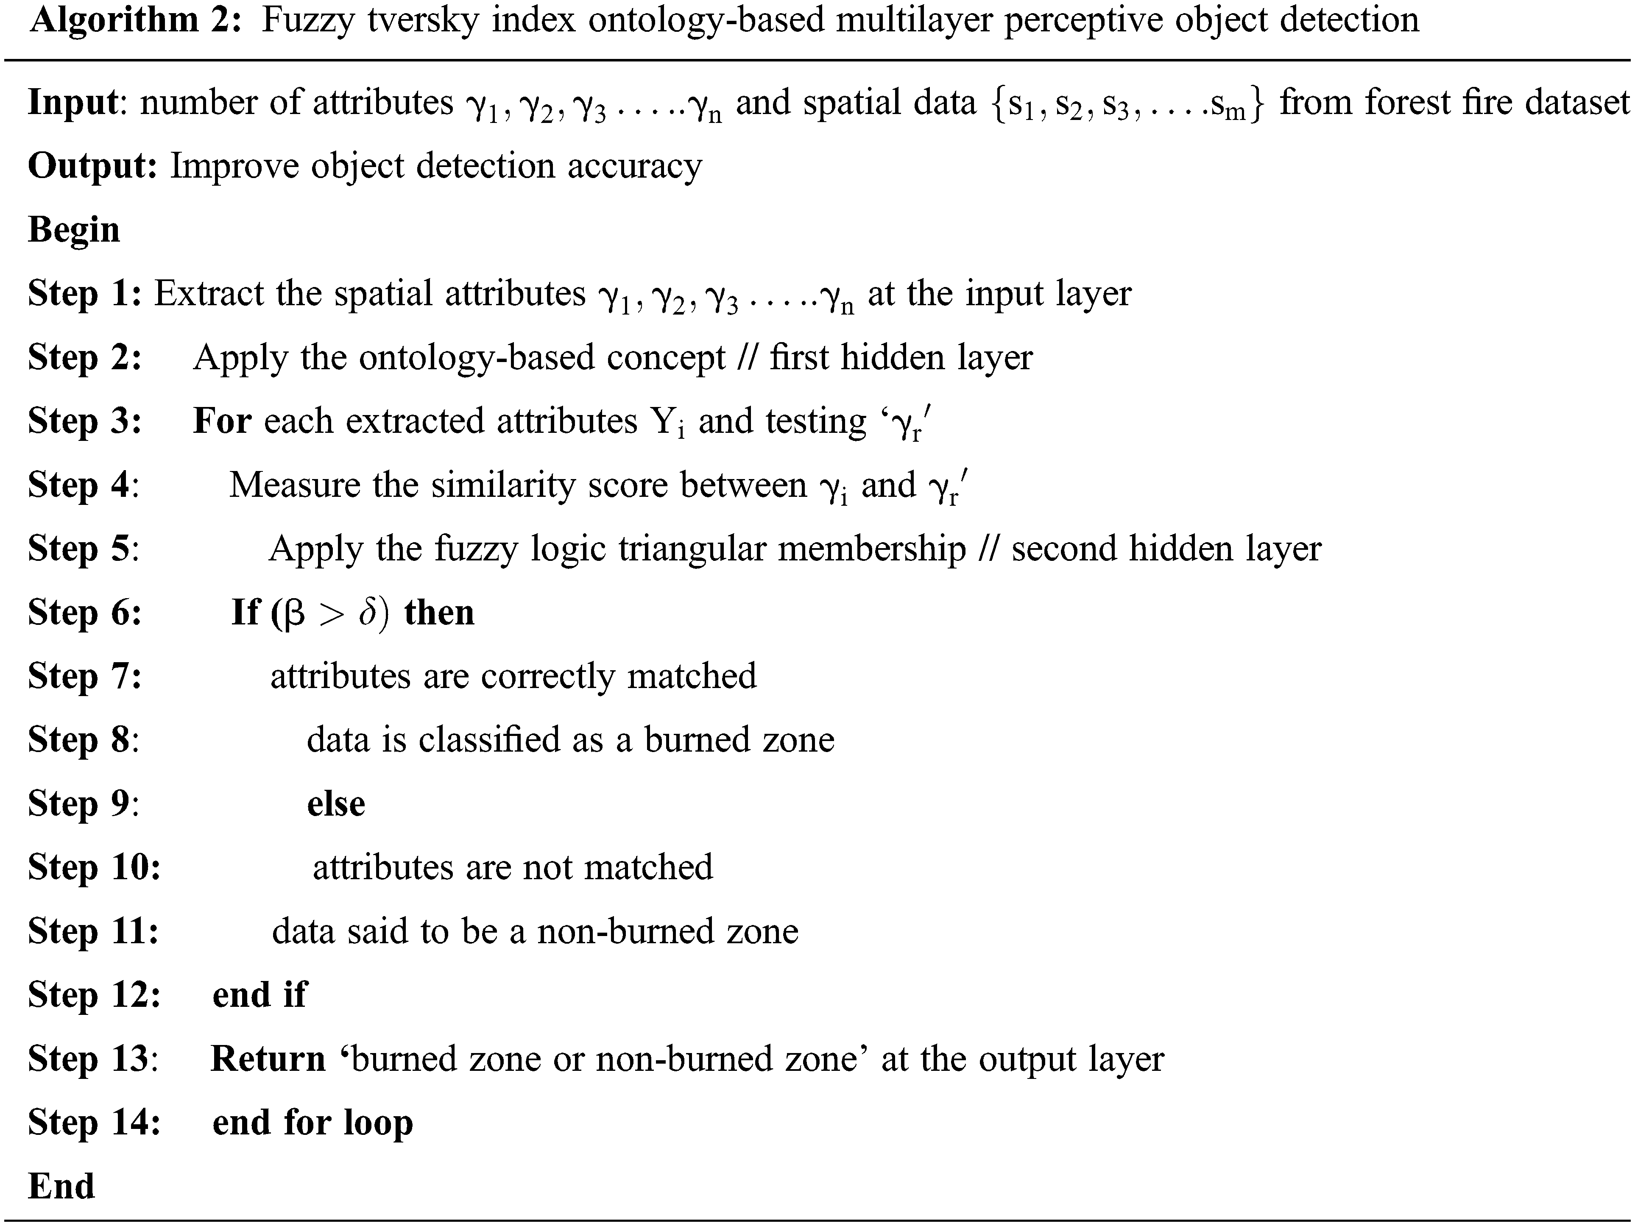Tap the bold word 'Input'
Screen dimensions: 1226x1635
(x=73, y=103)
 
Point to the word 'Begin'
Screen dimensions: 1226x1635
(x=73, y=230)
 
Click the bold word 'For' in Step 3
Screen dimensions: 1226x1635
(x=222, y=421)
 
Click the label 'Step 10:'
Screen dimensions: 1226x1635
(x=94, y=868)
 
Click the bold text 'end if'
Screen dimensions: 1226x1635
(x=259, y=995)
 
